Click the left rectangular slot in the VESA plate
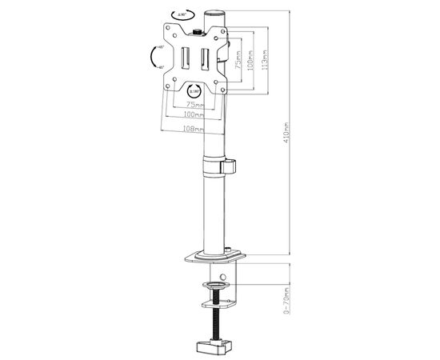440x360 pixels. tap(185, 61)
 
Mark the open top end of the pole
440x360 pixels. tap(215, 13)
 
